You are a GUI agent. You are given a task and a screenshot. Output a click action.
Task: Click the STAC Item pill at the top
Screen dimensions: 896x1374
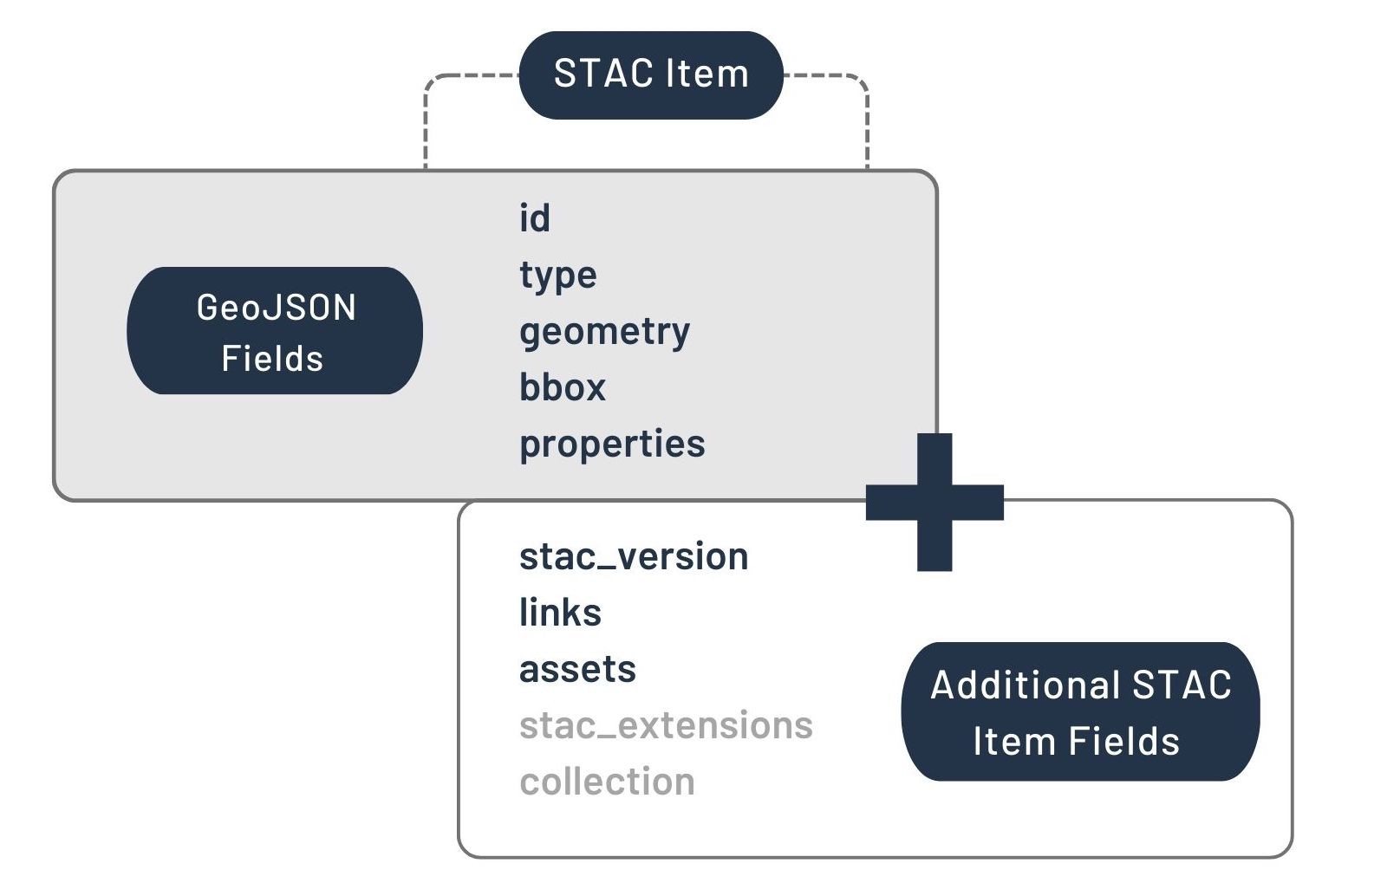650,75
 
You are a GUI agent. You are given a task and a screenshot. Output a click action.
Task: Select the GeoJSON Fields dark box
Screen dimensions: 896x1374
274,331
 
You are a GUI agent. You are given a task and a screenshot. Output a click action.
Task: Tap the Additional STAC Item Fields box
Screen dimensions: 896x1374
1079,711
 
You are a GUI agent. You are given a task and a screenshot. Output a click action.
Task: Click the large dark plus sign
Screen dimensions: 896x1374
934,502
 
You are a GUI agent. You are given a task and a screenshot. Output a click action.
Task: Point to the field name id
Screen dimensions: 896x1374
534,218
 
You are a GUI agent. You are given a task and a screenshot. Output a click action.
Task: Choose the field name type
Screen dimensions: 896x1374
557,276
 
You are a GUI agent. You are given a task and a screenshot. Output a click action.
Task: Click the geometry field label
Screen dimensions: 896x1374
604,332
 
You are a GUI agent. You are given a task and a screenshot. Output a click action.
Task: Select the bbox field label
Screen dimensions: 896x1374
562,387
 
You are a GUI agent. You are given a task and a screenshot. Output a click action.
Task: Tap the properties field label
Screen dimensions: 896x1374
612,444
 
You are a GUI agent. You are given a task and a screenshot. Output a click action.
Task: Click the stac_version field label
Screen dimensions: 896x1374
633,556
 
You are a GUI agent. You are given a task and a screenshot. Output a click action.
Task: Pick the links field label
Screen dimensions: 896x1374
560,613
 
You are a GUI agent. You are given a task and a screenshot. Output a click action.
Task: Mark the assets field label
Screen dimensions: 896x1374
577,669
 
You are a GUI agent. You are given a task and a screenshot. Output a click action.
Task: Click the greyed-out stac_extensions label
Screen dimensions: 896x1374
666,725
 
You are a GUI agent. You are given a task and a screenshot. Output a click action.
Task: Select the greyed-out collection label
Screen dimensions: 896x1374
607,782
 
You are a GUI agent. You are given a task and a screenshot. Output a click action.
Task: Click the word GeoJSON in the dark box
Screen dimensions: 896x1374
276,308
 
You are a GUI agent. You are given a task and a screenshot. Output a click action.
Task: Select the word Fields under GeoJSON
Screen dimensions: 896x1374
272,359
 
